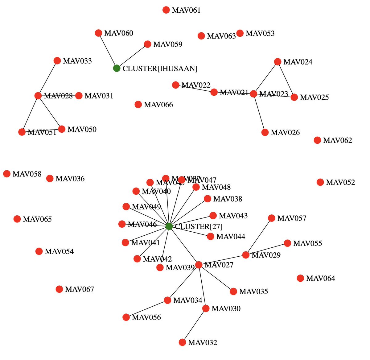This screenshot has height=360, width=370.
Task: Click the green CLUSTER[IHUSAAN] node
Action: coord(117,68)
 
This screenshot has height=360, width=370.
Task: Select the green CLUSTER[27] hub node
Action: coord(169,226)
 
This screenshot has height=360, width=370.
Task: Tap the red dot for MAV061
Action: coord(166,10)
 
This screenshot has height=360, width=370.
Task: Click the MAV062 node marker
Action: coord(317,140)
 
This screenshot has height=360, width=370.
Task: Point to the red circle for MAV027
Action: coord(199,265)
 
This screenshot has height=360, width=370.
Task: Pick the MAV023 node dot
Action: coord(253,94)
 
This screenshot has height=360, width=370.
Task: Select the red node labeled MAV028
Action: coord(38,96)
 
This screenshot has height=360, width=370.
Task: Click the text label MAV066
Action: coord(158,105)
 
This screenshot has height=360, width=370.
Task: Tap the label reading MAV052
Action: coord(340,182)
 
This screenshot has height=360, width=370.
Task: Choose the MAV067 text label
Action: coord(80,289)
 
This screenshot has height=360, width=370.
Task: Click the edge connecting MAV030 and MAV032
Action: coord(194,325)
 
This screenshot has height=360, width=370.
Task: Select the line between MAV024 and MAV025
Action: coord(286,80)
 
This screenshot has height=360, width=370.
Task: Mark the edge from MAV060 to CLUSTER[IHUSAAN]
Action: coord(108,51)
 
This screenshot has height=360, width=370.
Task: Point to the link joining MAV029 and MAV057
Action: coord(259,237)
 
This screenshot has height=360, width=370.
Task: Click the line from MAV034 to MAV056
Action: coord(147,308)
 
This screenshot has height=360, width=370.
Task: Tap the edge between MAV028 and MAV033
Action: coord(47,78)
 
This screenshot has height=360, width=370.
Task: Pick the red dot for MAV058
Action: coord(7,174)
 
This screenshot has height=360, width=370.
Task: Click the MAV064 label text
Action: coord(321,279)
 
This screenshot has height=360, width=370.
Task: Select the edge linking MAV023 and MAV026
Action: coord(259,113)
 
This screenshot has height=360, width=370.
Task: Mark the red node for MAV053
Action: coord(240,33)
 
